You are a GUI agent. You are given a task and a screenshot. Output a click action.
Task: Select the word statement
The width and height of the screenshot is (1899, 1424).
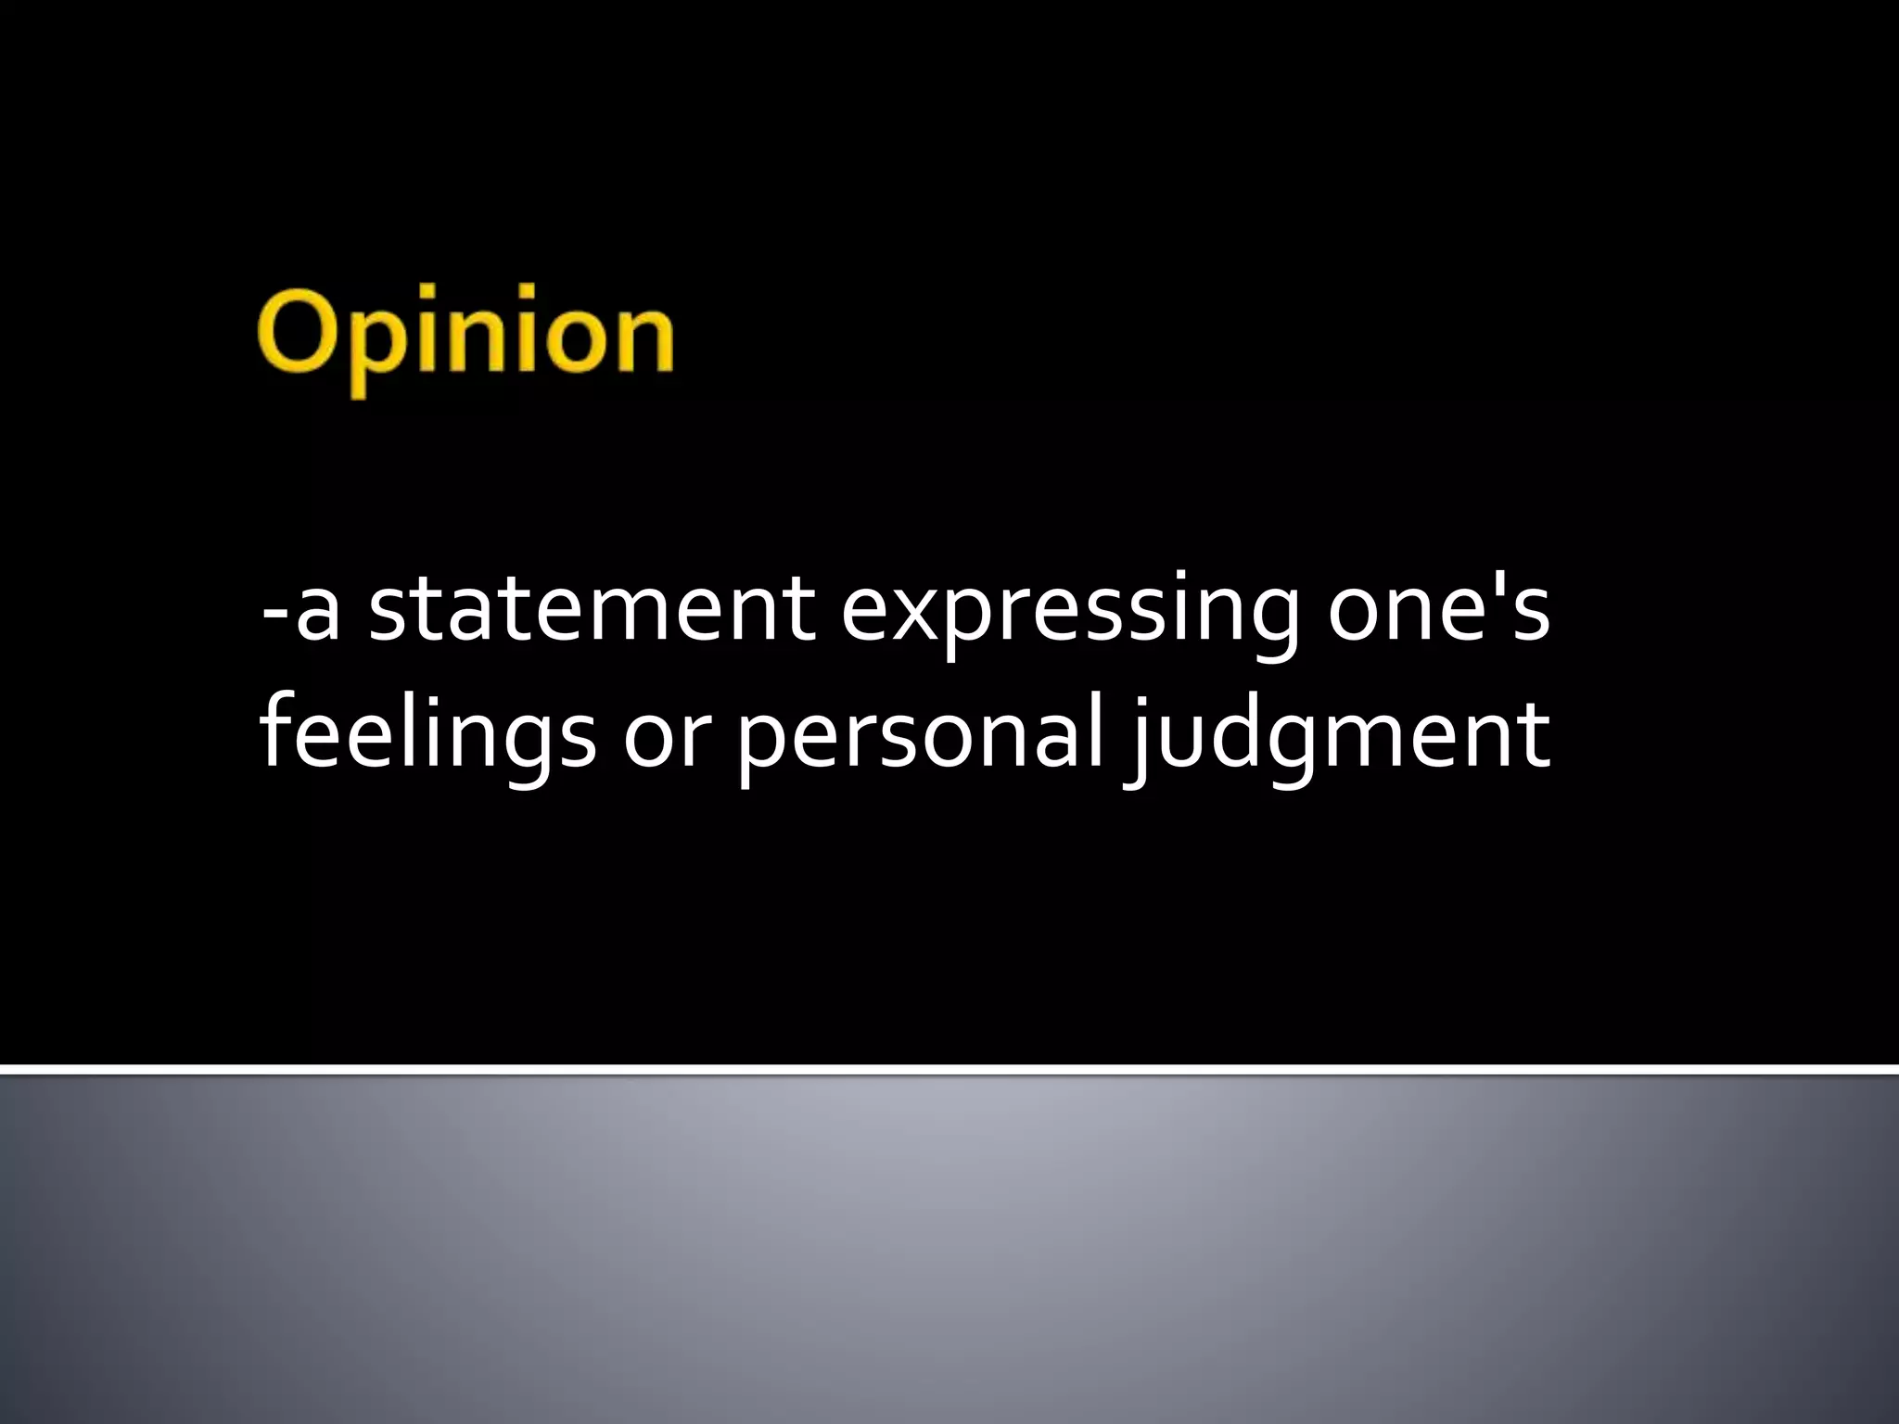click(592, 611)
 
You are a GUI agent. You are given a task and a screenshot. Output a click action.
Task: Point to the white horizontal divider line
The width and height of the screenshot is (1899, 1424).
click(949, 1070)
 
